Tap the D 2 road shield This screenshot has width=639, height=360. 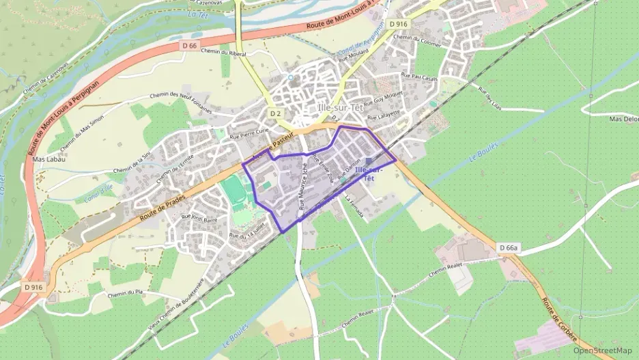pyautogui.click(x=275, y=113)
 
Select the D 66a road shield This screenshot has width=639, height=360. pyautogui.click(x=509, y=247)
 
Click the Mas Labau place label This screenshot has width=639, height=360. pyautogui.click(x=49, y=159)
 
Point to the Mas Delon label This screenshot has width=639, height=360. pyautogui.click(x=623, y=118)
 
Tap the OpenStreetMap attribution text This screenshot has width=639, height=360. pyautogui.click(x=603, y=350)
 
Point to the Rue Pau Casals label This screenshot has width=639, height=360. pyautogui.click(x=419, y=78)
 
